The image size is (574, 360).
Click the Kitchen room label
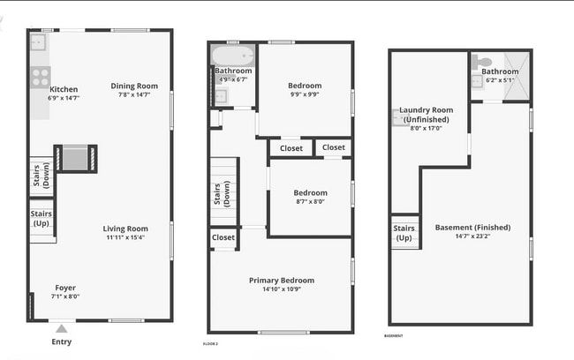[64, 89]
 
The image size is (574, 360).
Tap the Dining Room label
[134, 86]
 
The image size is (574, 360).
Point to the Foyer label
[65, 288]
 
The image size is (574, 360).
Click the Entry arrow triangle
[61, 329]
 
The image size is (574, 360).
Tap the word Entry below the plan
[62, 342]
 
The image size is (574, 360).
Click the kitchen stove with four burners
[41, 76]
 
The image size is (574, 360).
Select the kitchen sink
[39, 42]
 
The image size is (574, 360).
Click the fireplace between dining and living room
[76, 158]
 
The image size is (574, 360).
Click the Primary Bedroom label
[281, 281]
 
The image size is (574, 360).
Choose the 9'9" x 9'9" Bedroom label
[305, 86]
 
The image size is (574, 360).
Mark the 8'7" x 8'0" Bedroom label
[310, 192]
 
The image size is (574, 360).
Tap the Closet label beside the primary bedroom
[223, 237]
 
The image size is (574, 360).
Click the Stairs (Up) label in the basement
[404, 233]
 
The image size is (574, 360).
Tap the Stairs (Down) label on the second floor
[223, 193]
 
